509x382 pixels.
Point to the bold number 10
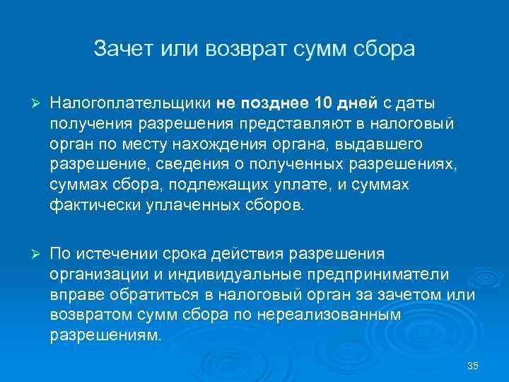(x=322, y=104)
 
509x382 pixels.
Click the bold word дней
(x=358, y=104)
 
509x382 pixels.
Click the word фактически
(x=94, y=206)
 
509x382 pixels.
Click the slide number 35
(x=473, y=366)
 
